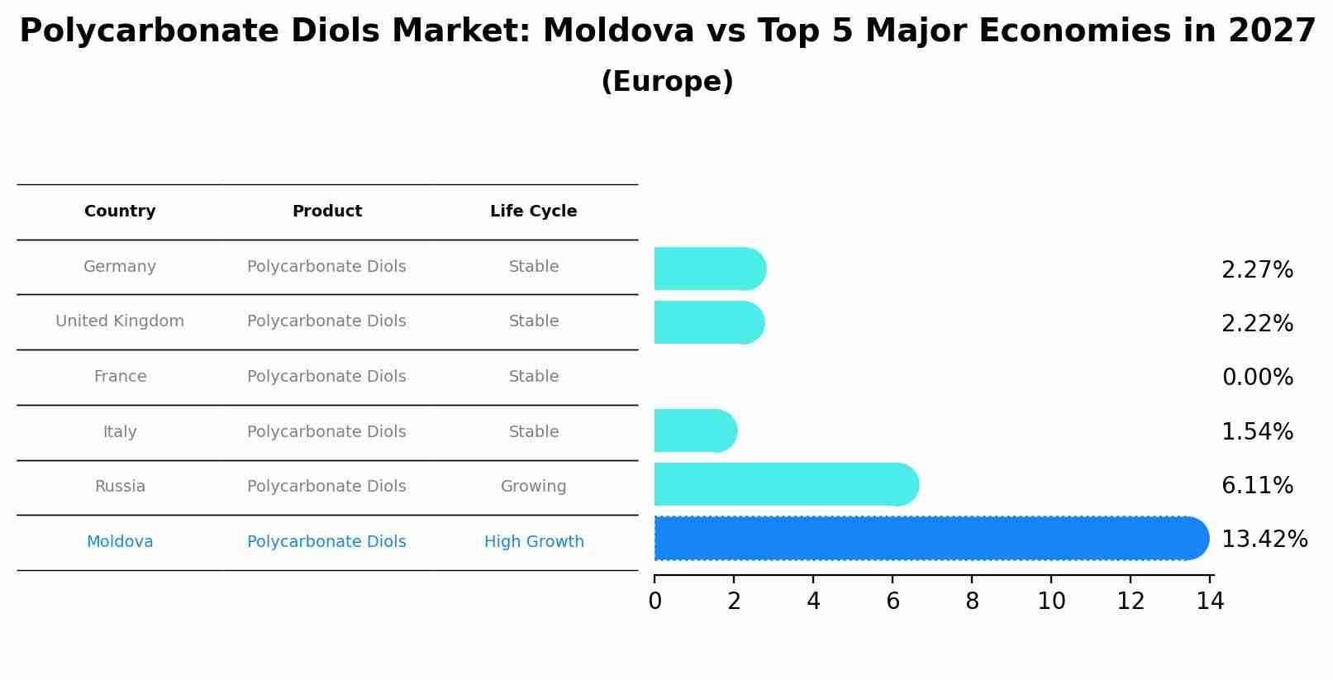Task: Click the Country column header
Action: [x=120, y=212]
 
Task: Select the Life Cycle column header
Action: [x=533, y=212]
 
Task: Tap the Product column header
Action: [x=326, y=212]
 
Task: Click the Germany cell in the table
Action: [x=120, y=267]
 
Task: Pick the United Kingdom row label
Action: [x=120, y=321]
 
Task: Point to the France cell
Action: [x=120, y=377]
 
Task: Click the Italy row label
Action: [x=120, y=432]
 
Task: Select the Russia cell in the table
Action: [x=120, y=487]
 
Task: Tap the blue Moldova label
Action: [x=120, y=542]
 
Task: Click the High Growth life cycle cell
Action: [x=534, y=542]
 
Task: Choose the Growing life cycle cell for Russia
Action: [x=533, y=487]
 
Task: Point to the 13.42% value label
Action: [x=1264, y=540]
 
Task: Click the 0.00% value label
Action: [x=1257, y=378]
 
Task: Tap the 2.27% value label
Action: [x=1257, y=270]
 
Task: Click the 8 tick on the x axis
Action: [x=972, y=602]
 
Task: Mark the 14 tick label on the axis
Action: [x=1210, y=602]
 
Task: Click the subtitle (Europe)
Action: [x=667, y=82]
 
